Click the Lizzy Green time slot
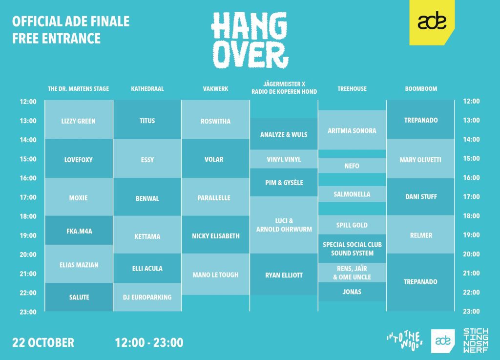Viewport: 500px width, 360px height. (x=79, y=120)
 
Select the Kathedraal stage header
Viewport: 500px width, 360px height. (x=147, y=88)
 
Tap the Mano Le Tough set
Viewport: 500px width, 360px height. (x=215, y=274)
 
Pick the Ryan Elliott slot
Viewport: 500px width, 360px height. (x=284, y=274)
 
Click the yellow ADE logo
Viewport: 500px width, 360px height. (x=432, y=22)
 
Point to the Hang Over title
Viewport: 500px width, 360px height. (x=250, y=40)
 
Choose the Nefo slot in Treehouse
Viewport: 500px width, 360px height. (x=352, y=166)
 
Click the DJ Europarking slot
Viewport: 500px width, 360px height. (x=147, y=297)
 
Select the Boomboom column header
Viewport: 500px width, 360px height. (x=421, y=88)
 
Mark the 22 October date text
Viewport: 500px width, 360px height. (x=43, y=342)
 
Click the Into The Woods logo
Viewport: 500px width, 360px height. (x=405, y=341)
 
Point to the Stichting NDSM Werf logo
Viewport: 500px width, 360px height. (x=476, y=340)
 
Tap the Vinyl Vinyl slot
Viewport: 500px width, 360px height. (x=284, y=159)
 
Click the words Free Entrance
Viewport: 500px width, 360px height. (x=57, y=38)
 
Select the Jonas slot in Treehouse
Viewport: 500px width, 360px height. (x=352, y=292)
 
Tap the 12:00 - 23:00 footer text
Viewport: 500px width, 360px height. (x=149, y=342)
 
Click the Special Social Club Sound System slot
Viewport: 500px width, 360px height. (x=352, y=249)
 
